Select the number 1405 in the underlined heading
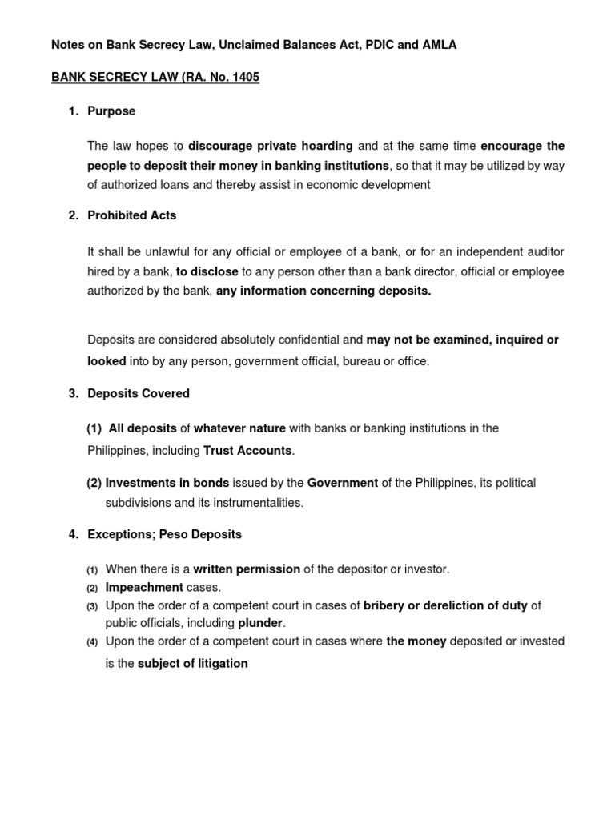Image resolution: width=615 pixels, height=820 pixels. [x=243, y=78]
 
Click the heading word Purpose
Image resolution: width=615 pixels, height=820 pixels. [x=111, y=111]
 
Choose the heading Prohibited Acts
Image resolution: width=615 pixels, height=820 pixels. [x=132, y=215]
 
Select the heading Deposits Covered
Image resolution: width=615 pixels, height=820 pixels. [x=139, y=393]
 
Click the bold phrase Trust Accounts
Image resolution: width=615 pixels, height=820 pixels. [x=247, y=451]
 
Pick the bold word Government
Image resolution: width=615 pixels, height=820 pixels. [x=343, y=483]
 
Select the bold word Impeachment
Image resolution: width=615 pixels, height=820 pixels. [x=145, y=587]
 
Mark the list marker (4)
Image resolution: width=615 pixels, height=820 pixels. [x=92, y=641]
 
